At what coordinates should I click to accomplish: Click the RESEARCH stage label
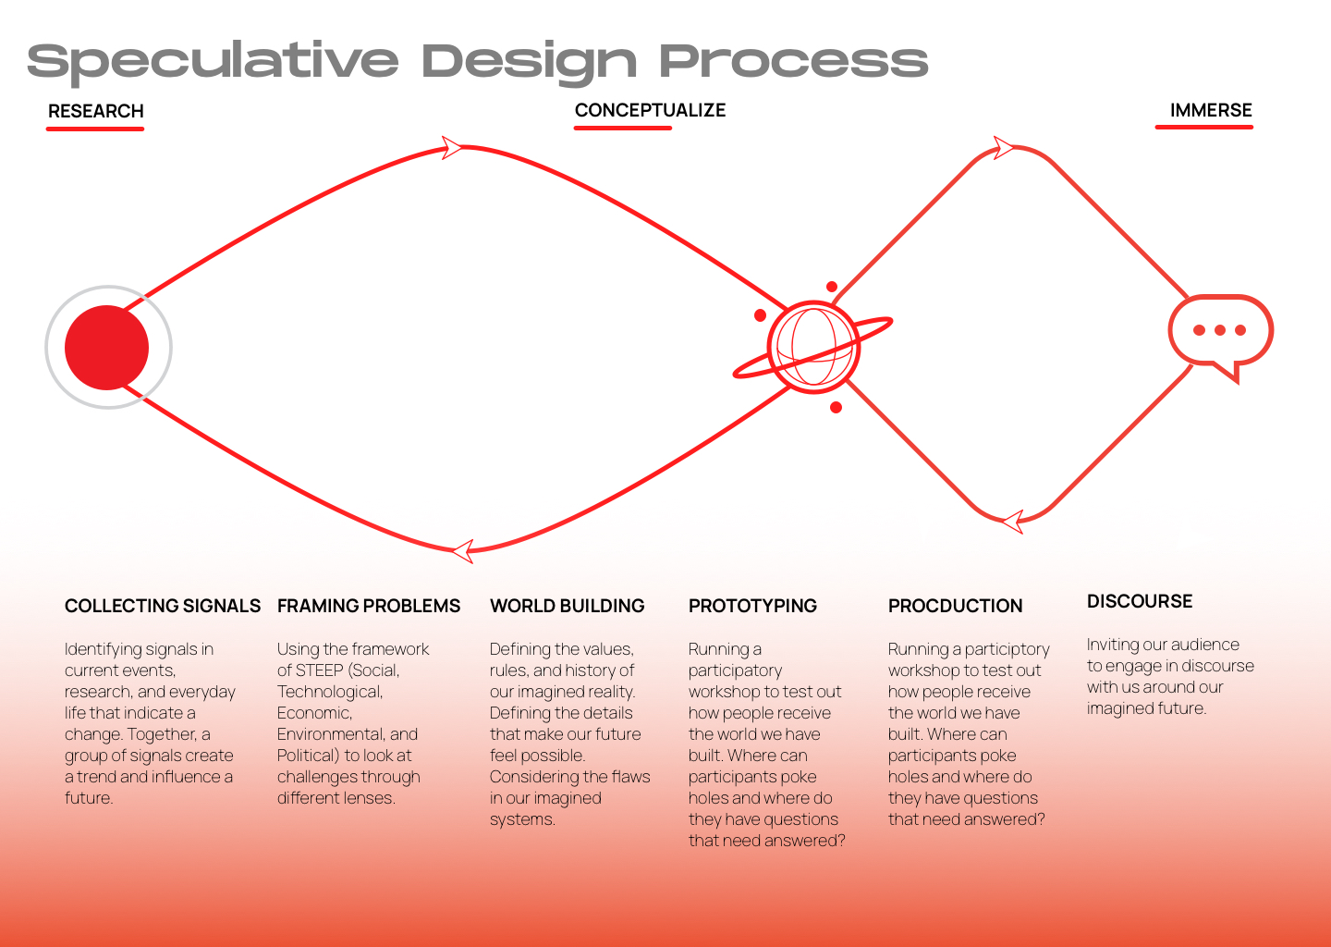point(96,111)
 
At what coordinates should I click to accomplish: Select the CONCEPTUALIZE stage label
point(650,110)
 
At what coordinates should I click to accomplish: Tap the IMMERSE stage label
point(1211,110)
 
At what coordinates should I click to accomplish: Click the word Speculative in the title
point(213,62)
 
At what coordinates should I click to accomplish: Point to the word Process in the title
point(794,61)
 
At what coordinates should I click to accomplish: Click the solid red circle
point(107,348)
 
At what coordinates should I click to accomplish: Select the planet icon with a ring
point(812,347)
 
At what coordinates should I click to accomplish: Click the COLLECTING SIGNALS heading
point(163,606)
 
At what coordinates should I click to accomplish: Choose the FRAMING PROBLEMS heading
point(369,606)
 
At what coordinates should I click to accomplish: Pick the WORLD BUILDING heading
point(567,606)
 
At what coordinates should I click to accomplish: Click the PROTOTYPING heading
point(752,606)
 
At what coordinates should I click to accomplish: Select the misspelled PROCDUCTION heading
point(955,606)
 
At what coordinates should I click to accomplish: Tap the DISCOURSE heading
point(1140,602)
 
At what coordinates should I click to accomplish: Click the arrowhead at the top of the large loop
point(452,147)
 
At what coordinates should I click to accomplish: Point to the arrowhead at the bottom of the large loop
point(463,551)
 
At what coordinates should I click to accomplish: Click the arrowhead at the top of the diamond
point(1004,147)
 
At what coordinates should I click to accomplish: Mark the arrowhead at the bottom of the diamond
point(1013,522)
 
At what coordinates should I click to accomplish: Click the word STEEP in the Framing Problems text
point(321,670)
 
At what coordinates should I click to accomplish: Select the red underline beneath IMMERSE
point(1203,127)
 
